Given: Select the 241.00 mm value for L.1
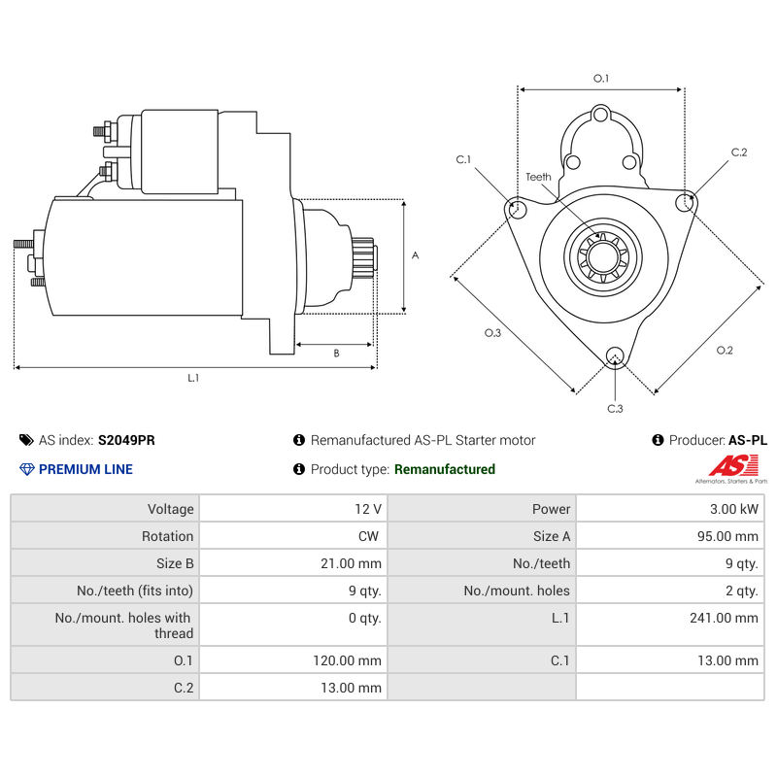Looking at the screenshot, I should pyautogui.click(x=731, y=618).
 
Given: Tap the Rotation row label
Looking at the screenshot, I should pyautogui.click(x=168, y=536).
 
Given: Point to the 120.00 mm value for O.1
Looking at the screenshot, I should pyautogui.click(x=347, y=660).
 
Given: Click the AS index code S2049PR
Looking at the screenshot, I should pyautogui.click(x=126, y=440).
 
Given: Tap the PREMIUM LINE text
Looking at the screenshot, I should pyautogui.click(x=85, y=469).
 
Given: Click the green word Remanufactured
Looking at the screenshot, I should pyautogui.click(x=444, y=469).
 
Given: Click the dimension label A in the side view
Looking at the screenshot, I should pyautogui.click(x=415, y=256).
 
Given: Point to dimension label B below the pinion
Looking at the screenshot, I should pyautogui.click(x=336, y=354).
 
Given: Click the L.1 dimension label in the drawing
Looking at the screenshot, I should pyautogui.click(x=193, y=378).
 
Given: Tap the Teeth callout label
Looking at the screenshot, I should pyautogui.click(x=538, y=177).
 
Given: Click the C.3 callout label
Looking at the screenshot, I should pyautogui.click(x=615, y=408).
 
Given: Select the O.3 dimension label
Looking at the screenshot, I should pyautogui.click(x=492, y=333).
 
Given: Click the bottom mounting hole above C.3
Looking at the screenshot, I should pyautogui.click(x=614, y=356).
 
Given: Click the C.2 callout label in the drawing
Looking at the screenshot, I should pyautogui.click(x=739, y=152).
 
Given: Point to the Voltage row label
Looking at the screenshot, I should pyautogui.click(x=171, y=509).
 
